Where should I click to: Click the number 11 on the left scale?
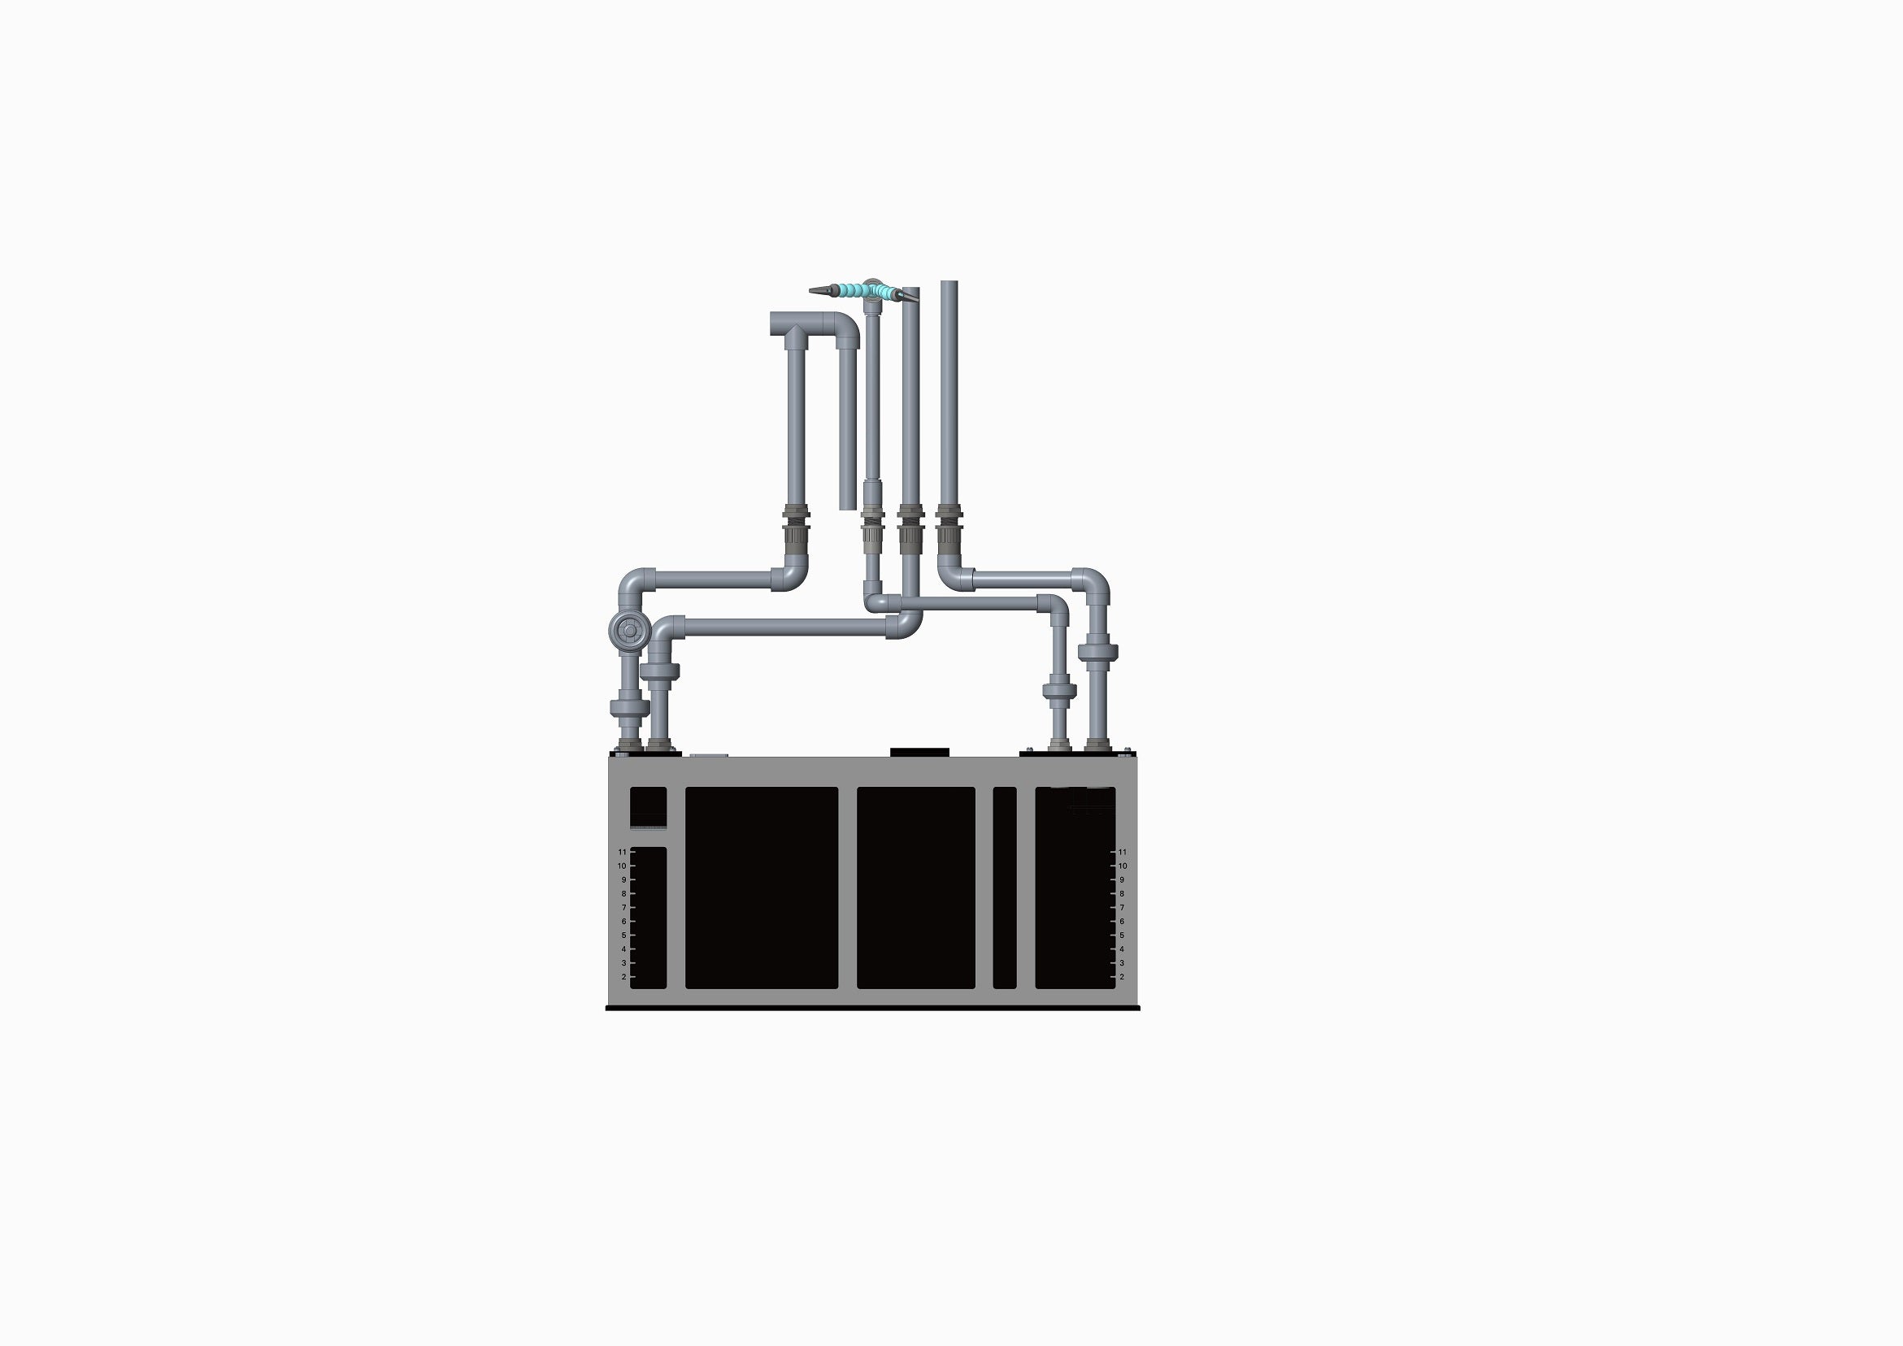tap(622, 852)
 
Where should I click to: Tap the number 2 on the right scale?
tap(1123, 977)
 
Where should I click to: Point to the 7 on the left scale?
tap(623, 908)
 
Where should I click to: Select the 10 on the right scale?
tap(1123, 866)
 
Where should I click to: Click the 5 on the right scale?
tap(1123, 936)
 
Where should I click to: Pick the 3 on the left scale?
tap(623, 963)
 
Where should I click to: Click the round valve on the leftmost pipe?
tap(629, 632)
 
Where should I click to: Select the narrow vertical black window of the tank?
tap(1005, 888)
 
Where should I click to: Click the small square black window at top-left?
tap(648, 806)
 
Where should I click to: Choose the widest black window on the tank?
tap(762, 888)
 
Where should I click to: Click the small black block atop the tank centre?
tap(919, 752)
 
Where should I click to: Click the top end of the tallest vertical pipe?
tap(949, 284)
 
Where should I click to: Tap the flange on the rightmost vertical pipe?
tap(1098, 653)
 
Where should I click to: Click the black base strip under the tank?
tap(873, 1008)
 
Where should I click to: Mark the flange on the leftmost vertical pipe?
tap(629, 708)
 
